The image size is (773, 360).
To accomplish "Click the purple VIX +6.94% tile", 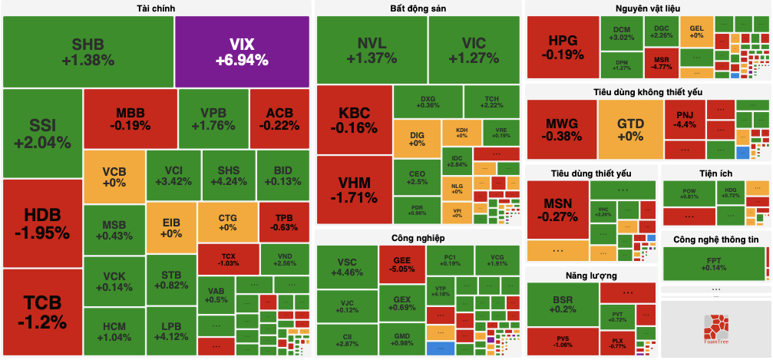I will [x=242, y=51].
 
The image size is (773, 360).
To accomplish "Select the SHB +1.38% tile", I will [x=88, y=51].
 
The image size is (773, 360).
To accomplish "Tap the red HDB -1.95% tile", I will [x=41, y=223].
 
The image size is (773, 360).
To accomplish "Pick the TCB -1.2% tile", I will [x=41, y=312].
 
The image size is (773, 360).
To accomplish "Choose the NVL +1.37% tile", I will [x=372, y=50].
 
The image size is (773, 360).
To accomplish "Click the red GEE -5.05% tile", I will [x=401, y=264].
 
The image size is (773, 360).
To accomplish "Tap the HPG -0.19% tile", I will [x=563, y=48].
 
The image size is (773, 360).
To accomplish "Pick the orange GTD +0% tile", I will [x=630, y=129].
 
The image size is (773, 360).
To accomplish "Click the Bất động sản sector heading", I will [x=418, y=8].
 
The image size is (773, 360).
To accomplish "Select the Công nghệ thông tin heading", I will [x=715, y=239].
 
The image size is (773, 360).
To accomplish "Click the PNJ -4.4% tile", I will [x=685, y=119].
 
